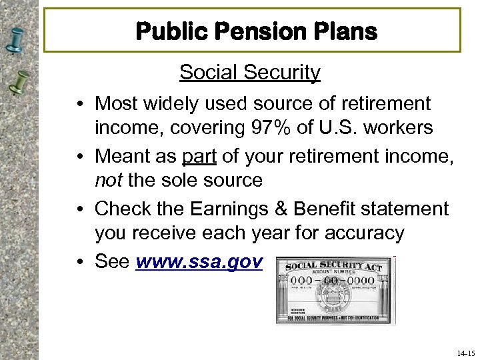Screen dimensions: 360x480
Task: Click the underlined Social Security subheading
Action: tap(249, 72)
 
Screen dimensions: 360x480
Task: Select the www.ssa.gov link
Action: tap(199, 261)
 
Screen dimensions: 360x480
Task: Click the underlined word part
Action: tap(197, 155)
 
